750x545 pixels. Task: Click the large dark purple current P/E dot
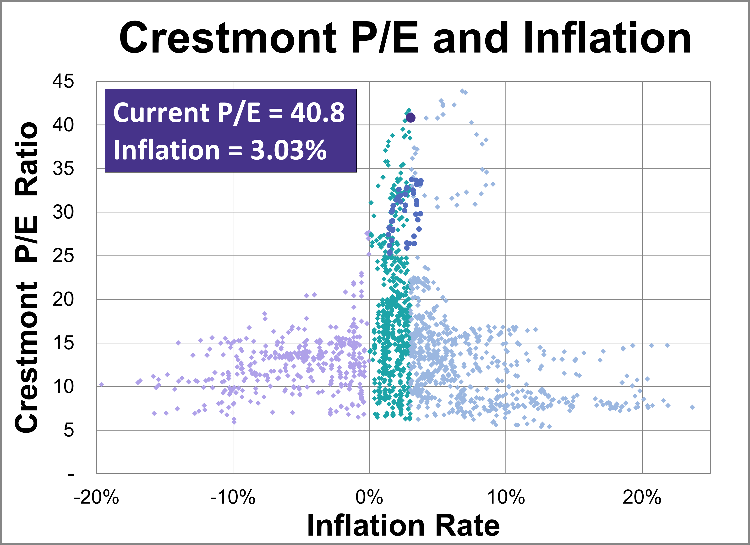[410, 118]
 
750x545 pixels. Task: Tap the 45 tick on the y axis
[63, 81]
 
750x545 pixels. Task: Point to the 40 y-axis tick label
[63, 125]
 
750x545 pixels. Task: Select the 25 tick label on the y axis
[63, 256]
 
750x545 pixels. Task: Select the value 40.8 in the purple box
[318, 113]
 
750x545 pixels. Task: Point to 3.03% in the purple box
[288, 150]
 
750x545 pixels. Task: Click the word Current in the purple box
[161, 113]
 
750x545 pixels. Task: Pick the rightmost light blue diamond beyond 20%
[692, 407]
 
